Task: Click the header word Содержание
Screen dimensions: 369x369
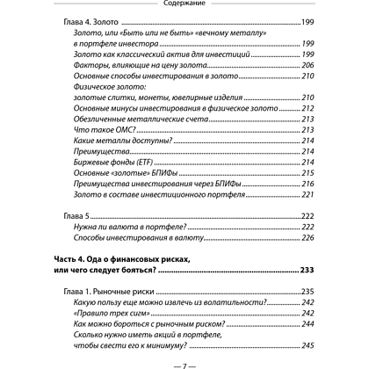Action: (x=184, y=4)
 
